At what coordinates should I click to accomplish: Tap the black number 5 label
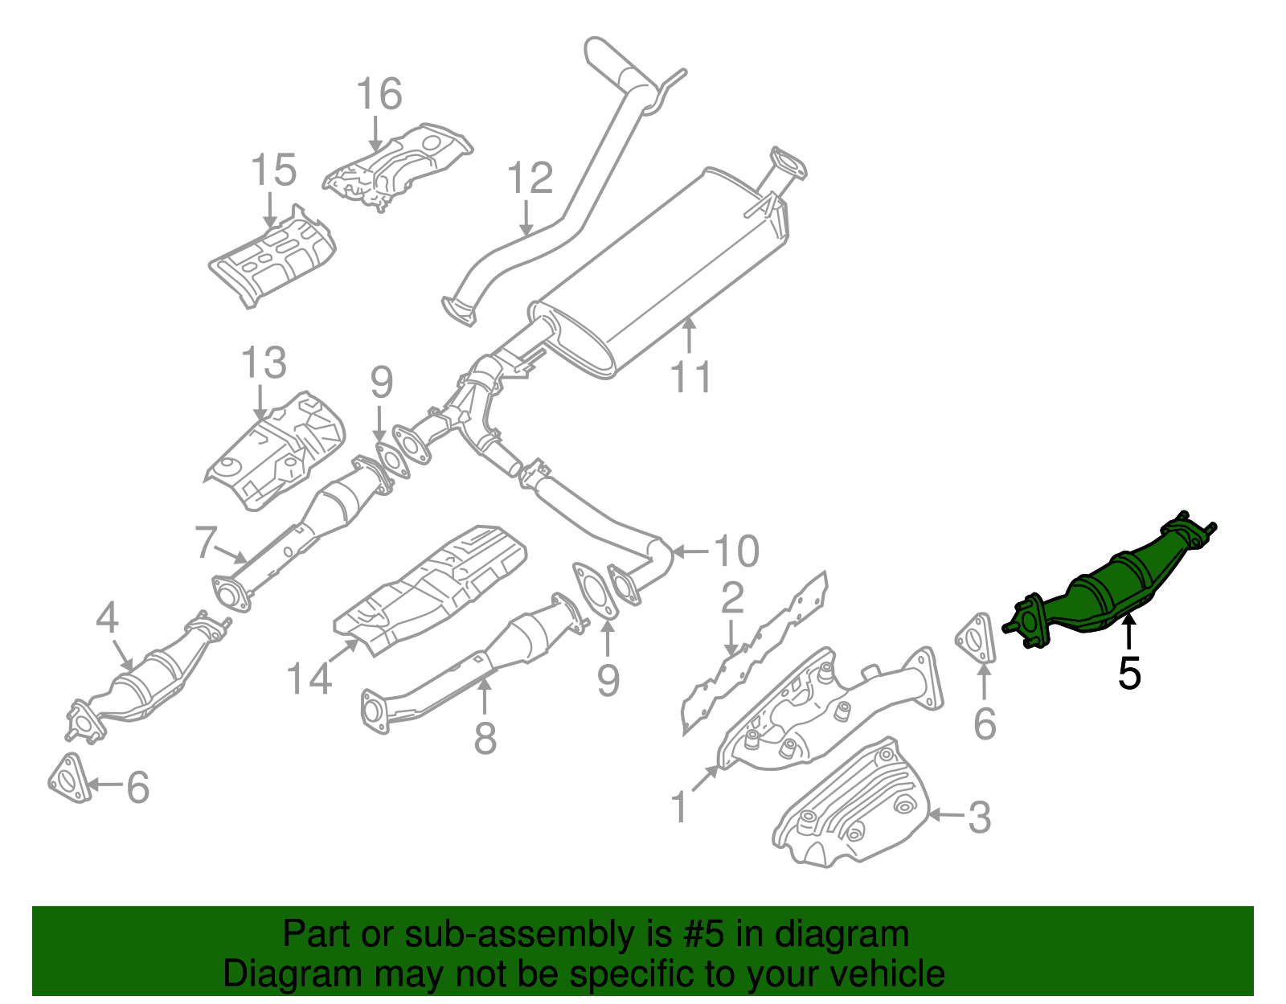(1128, 674)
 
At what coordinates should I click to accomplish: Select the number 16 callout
(379, 95)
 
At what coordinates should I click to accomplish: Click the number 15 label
(273, 171)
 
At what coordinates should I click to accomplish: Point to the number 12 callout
(530, 178)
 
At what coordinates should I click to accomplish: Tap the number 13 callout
(264, 363)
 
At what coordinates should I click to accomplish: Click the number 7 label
(206, 543)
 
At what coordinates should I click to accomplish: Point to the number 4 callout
(107, 619)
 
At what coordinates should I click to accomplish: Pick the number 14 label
(309, 678)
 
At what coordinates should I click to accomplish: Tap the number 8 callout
(485, 738)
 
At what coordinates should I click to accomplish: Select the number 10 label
(736, 551)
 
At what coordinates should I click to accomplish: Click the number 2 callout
(732, 599)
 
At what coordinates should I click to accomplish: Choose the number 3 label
(979, 818)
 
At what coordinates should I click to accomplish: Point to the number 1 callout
(680, 807)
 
